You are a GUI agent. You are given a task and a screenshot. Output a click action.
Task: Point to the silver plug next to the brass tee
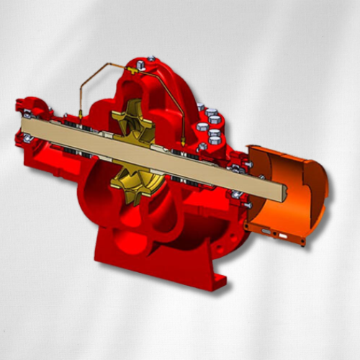tap(150, 60)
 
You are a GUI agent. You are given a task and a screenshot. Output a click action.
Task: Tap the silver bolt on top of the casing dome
tap(150, 60)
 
